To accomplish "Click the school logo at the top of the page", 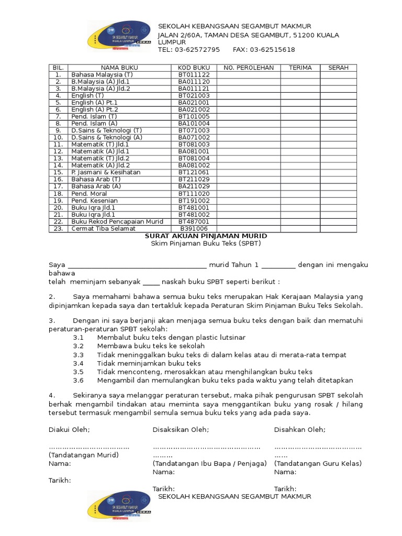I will click(119, 37).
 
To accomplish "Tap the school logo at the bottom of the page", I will click(119, 506).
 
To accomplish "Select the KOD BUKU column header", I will click(194, 68).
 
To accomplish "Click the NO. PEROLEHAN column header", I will click(249, 68).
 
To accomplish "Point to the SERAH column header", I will click(338, 68).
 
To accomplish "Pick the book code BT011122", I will click(194, 75).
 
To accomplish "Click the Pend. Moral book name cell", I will click(89, 194).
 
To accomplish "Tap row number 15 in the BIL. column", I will click(58, 172).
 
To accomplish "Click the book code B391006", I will click(194, 229).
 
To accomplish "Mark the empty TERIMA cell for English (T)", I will click(300, 96).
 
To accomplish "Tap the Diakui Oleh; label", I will click(69, 430).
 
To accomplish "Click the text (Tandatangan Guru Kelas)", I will click(318, 463).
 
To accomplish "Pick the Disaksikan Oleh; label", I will click(181, 430).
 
